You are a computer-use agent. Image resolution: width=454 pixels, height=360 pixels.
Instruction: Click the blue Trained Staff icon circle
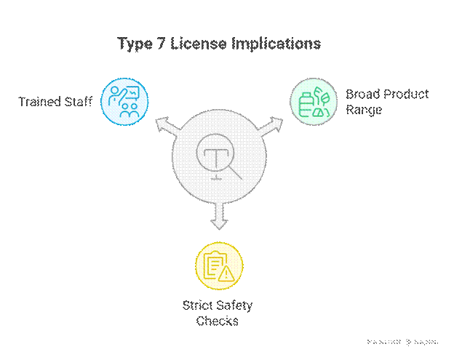click(124, 100)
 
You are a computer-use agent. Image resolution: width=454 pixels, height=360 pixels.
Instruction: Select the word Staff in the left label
click(79, 101)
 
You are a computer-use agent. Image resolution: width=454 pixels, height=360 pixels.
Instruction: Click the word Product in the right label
click(405, 95)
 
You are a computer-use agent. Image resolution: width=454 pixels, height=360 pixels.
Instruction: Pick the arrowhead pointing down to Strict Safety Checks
click(218, 223)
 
